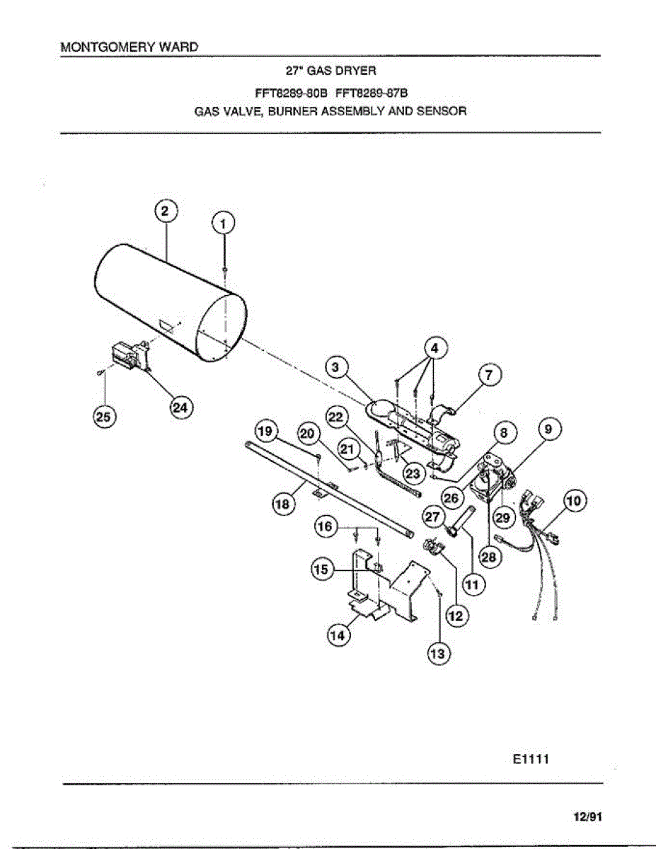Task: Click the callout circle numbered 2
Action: (x=164, y=212)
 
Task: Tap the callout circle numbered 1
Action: (x=224, y=224)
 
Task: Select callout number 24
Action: (x=183, y=408)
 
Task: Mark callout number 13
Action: (x=438, y=654)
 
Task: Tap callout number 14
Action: (x=338, y=636)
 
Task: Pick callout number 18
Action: (x=284, y=504)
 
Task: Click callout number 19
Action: (x=266, y=430)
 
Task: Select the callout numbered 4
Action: (x=434, y=348)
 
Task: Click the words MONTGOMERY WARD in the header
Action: (x=129, y=47)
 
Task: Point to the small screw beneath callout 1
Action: (x=224, y=271)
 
